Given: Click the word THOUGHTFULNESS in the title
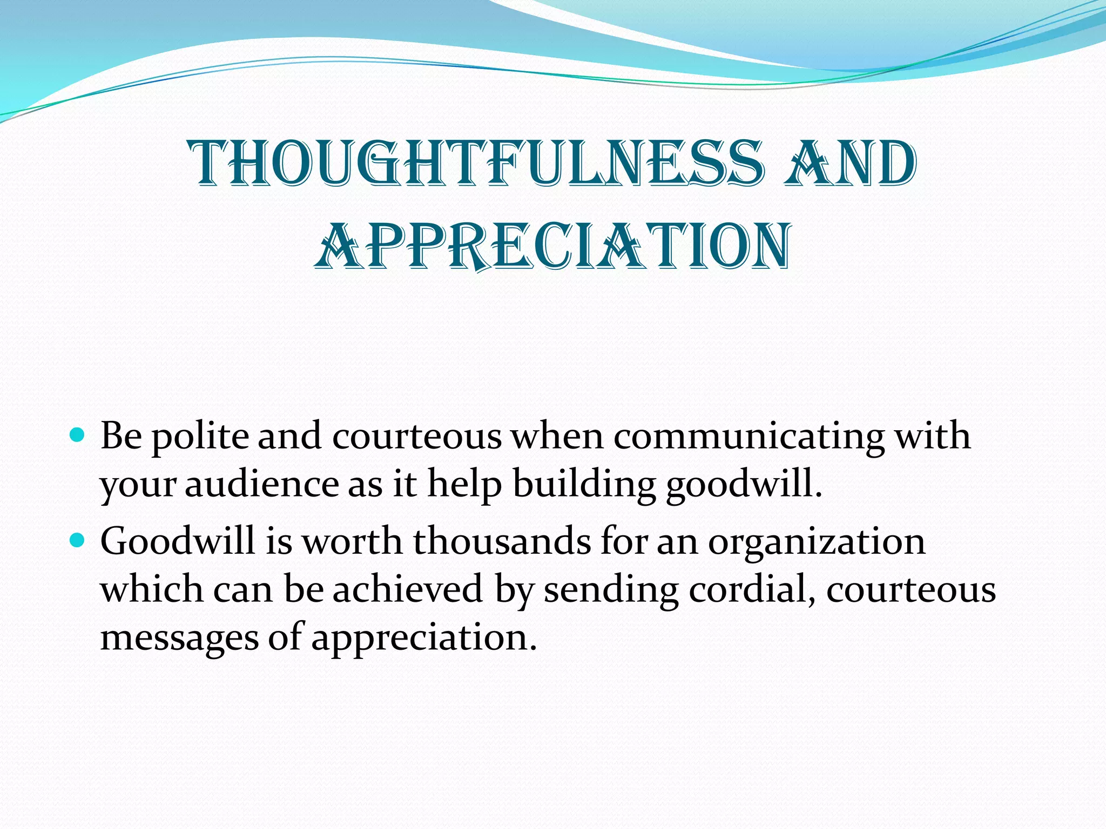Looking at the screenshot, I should [x=476, y=164].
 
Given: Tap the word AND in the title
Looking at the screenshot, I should [x=851, y=164].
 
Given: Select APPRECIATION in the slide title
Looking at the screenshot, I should [x=553, y=246].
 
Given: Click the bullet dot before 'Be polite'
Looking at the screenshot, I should [x=78, y=434].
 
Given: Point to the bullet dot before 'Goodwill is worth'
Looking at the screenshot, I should [x=78, y=539].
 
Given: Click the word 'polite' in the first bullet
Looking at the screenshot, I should [x=200, y=437].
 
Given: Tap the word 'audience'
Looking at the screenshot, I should [x=261, y=484].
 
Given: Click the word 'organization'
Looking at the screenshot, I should [x=817, y=542].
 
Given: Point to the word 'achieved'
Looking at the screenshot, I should [x=407, y=589].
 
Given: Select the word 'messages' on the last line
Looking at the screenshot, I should [x=179, y=638].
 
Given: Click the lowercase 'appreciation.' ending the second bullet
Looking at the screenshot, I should [x=424, y=638].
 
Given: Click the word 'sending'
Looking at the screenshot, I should [x=611, y=590].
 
